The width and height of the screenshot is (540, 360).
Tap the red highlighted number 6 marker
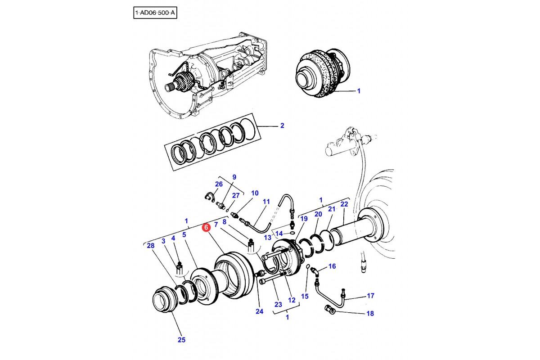[x=206, y=228]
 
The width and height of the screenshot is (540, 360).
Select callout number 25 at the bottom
[x=181, y=340]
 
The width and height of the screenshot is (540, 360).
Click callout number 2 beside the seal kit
[x=282, y=126]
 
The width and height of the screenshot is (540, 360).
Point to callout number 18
[x=370, y=313]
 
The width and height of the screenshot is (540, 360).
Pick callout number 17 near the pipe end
[x=370, y=296]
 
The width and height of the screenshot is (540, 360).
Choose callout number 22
[x=344, y=204]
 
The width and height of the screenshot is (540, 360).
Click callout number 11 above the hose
[x=266, y=202]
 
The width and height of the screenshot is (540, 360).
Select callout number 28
[x=150, y=245]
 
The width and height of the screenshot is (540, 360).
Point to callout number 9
[x=234, y=177]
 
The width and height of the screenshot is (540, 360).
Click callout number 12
[x=292, y=300]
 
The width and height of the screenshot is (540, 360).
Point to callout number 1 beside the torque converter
[x=359, y=91]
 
